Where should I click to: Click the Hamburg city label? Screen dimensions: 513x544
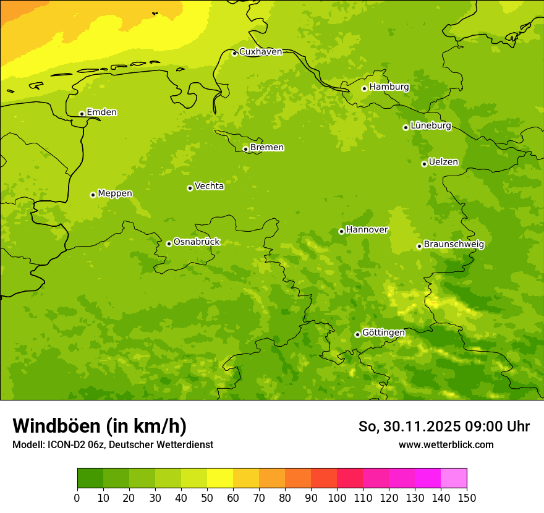[389, 87]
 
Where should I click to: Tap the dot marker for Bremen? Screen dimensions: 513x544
[245, 149]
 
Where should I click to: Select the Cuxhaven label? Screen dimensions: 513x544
[260, 52]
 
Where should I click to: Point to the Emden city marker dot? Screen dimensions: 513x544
[82, 114]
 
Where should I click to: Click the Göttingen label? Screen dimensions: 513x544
[383, 333]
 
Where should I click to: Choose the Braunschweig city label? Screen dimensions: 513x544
[454, 245]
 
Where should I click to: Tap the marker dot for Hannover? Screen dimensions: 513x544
[341, 231]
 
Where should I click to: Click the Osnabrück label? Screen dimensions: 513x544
[197, 242]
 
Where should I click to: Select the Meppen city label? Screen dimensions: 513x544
[115, 193]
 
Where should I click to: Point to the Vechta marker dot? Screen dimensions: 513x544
[190, 188]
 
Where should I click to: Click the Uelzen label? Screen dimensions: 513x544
[443, 163]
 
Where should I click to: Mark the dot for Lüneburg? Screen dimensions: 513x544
[406, 127]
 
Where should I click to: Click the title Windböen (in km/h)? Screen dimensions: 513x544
[100, 426]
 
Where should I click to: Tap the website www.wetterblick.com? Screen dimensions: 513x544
[446, 445]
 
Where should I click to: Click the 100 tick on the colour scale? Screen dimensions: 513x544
[337, 498]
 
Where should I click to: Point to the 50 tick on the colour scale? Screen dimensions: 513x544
[207, 498]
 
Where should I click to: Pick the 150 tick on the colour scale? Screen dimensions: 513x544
[467, 498]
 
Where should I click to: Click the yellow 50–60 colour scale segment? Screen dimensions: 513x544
[220, 478]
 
